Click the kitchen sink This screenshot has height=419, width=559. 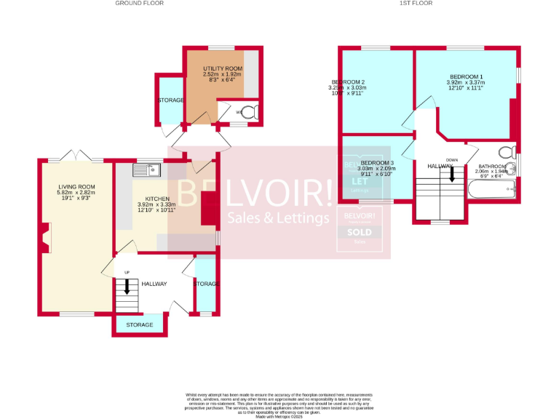click(x=146, y=170)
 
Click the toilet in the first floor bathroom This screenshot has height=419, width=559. click(x=503, y=153)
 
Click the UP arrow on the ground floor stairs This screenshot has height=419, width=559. click(x=127, y=286)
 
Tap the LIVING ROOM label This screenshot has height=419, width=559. click(x=77, y=187)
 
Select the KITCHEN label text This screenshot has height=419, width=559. click(x=157, y=199)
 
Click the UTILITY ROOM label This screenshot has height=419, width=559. click(x=222, y=68)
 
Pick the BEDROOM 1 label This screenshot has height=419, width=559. click(x=466, y=76)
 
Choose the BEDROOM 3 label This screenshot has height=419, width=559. click(x=377, y=162)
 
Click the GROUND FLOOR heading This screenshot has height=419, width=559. click(x=138, y=4)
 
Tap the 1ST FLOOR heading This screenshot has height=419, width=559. click(x=416, y=4)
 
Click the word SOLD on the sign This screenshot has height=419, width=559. click(x=362, y=233)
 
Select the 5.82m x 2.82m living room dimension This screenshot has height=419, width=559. click(x=77, y=193)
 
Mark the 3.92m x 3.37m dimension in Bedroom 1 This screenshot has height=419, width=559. click(x=466, y=82)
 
